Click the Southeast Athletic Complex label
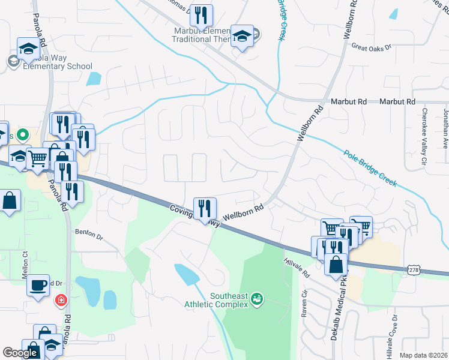pos(229,300)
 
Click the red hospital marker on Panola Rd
pos(61,299)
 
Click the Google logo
pos(20,353)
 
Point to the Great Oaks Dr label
pos(371,46)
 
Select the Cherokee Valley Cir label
pos(424,136)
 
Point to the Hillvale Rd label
pos(297,268)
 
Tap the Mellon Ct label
pos(25,263)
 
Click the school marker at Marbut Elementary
pos(243,37)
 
